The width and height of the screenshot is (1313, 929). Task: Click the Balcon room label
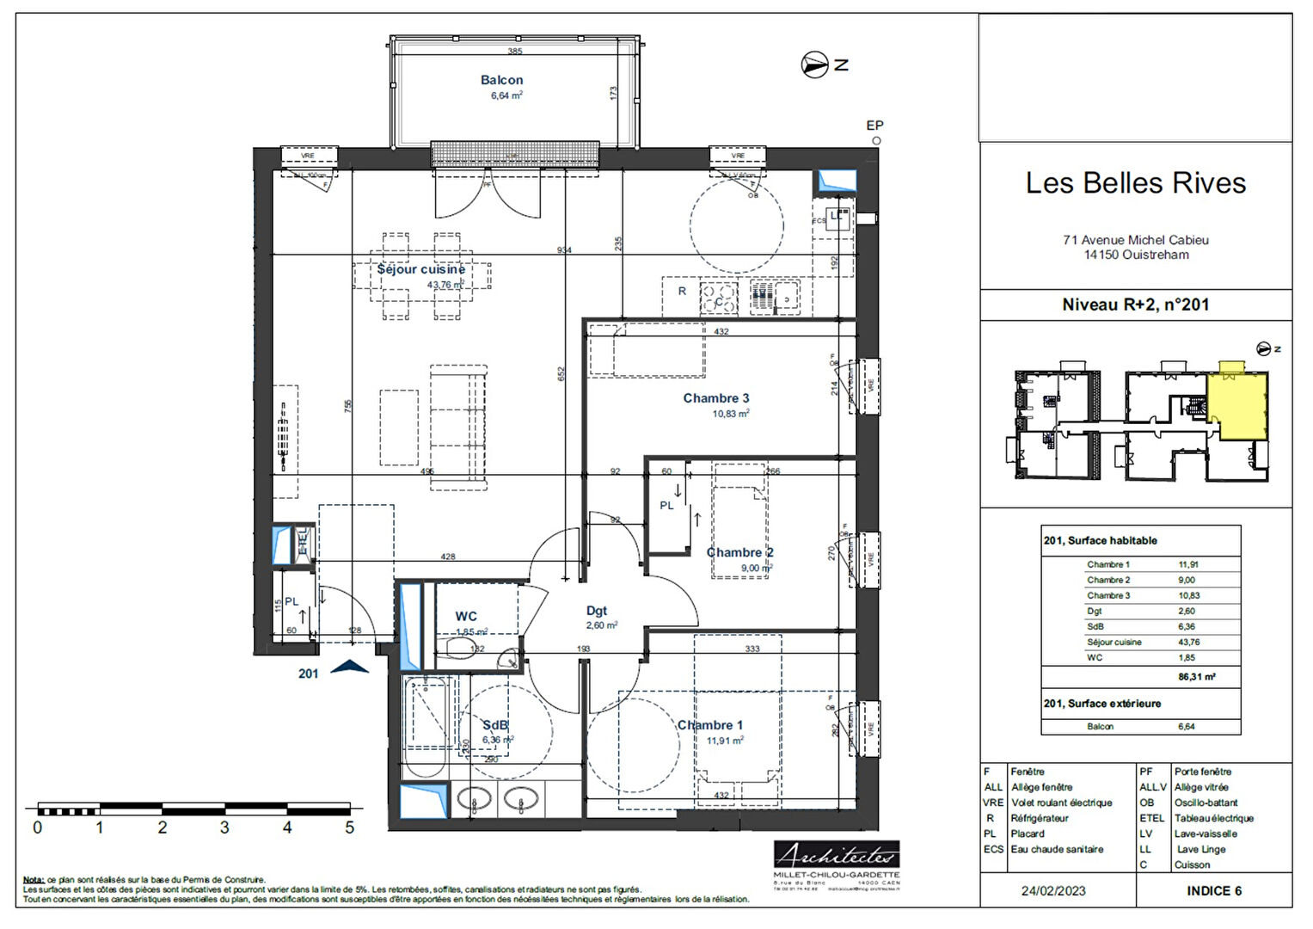[501, 80]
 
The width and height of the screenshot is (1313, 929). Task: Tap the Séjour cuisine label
[420, 269]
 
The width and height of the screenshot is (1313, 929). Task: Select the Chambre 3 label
[715, 398]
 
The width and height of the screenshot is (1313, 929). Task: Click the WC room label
[466, 616]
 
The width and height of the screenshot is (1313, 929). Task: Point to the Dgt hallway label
[597, 611]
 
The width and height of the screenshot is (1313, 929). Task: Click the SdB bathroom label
[494, 725]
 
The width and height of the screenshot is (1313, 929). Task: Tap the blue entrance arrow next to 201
[350, 667]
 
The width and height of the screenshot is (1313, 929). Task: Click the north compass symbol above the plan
[814, 65]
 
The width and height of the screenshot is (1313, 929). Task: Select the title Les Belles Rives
[1135, 183]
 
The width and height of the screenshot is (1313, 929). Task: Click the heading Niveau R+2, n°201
[1135, 305]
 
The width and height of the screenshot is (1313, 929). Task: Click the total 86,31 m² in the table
[1196, 677]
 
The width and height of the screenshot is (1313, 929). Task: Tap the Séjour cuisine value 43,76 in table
[1188, 642]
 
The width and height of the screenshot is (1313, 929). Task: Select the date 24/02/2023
[1053, 891]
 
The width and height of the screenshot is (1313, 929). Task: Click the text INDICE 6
[1214, 891]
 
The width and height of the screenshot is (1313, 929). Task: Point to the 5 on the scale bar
[349, 827]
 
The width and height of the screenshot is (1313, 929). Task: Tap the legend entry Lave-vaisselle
[1206, 834]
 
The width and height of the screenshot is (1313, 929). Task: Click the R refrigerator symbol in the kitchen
[682, 291]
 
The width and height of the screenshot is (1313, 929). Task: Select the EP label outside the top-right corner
[874, 126]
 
